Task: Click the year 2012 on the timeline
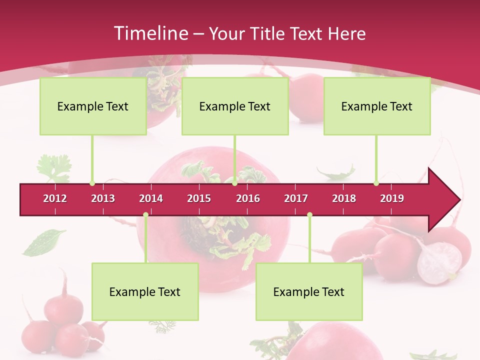coord(55,198)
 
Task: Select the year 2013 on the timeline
coord(103,198)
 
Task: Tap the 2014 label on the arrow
coord(151,198)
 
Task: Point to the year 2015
coord(199,198)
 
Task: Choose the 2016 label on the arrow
coord(248,198)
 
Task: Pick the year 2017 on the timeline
coord(296,198)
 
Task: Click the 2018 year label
coord(344,198)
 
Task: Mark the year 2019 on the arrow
coord(392,198)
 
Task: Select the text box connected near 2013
coord(93,106)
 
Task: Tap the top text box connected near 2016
coord(235,106)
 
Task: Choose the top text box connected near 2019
coord(377,106)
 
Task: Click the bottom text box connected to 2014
coord(145,291)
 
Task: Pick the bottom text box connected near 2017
coord(309,291)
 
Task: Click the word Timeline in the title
coord(149,33)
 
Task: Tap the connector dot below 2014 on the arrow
coord(145,215)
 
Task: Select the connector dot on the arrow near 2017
coord(309,215)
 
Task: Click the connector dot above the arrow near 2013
coord(92,183)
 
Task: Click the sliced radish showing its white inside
coord(439,263)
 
